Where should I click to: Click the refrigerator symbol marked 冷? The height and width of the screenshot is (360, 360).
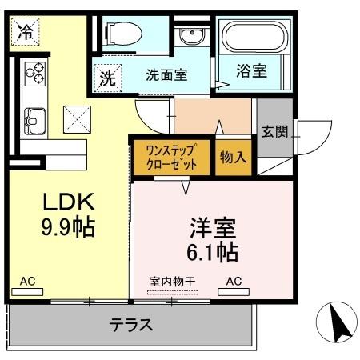pyautogui.click(x=26, y=34)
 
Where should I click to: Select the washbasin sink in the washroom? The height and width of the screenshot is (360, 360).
pyautogui.click(x=191, y=36)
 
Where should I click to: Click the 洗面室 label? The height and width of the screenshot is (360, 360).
pyautogui.click(x=166, y=75)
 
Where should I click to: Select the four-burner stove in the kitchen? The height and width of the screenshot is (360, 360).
pyautogui.click(x=34, y=74)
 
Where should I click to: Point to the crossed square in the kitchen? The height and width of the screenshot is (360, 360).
pyautogui.click(x=78, y=120)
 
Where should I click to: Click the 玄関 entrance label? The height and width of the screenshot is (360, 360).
pyautogui.click(x=274, y=131)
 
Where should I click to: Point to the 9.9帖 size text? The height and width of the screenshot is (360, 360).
pyautogui.click(x=68, y=228)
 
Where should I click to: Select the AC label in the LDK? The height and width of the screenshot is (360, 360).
pyautogui.click(x=27, y=282)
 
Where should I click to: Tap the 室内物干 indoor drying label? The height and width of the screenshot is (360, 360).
pyautogui.click(x=172, y=281)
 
